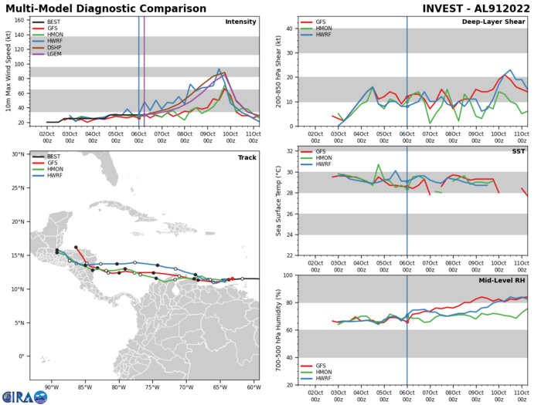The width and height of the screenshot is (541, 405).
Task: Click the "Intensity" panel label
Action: (x=240, y=22)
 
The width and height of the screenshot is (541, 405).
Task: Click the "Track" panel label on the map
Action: (x=247, y=157)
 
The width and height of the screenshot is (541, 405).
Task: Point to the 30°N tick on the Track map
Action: (x=18, y=155)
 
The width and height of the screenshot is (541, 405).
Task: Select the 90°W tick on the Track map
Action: (x=51, y=388)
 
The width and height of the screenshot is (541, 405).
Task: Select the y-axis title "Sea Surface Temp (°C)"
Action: (x=277, y=203)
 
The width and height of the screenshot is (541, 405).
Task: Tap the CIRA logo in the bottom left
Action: (x=23, y=396)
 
